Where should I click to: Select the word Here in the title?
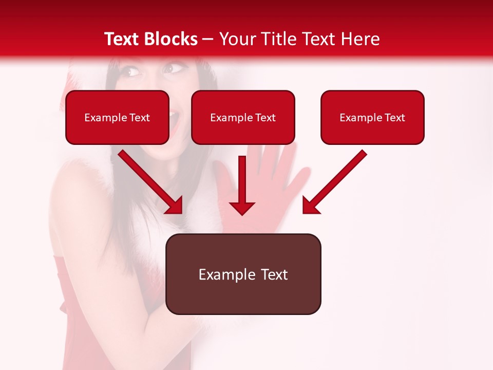[359, 39]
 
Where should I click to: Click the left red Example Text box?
[117, 118]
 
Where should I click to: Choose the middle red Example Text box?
[243, 118]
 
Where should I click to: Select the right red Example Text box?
[372, 118]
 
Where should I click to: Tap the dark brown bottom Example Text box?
[243, 274]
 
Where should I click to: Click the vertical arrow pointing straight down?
[242, 185]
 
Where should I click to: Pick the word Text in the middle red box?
[266, 118]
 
